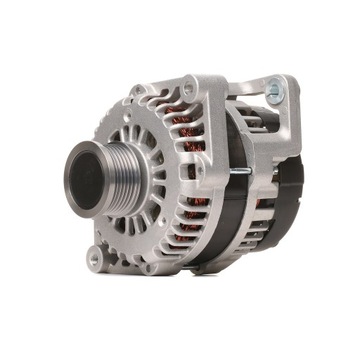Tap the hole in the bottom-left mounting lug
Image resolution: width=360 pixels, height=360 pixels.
[94, 257]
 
